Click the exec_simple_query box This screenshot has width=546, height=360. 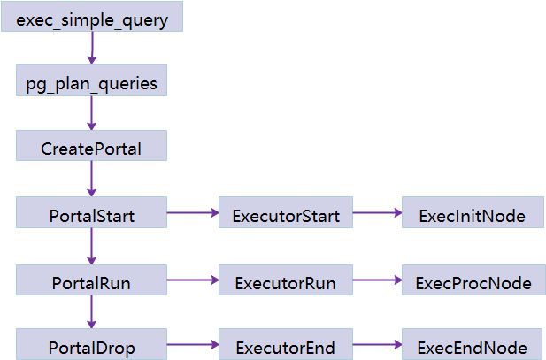[x=92, y=18]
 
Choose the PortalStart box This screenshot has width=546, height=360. [x=92, y=213]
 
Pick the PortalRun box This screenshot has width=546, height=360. [x=92, y=281]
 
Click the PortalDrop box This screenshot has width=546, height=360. [x=92, y=345]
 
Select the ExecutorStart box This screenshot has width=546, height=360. [x=286, y=213]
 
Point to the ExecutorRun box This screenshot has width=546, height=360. [x=286, y=281]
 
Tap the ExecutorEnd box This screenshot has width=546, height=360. [x=286, y=345]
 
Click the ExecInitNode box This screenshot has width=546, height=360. [x=473, y=213]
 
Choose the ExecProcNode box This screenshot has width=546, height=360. [x=473, y=281]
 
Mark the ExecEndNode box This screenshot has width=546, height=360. [x=473, y=345]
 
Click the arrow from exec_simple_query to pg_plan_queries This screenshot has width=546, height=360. [x=92, y=49]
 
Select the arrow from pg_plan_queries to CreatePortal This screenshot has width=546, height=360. [x=92, y=113]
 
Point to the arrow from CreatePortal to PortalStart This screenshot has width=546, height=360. [x=92, y=180]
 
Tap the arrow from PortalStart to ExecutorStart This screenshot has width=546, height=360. [x=193, y=213]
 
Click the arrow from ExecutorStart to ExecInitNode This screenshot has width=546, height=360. [x=377, y=213]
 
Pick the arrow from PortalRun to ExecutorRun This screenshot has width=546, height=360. [x=193, y=281]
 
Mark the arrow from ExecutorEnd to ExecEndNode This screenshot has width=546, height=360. [x=377, y=345]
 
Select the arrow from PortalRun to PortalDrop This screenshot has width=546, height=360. [x=92, y=313]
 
